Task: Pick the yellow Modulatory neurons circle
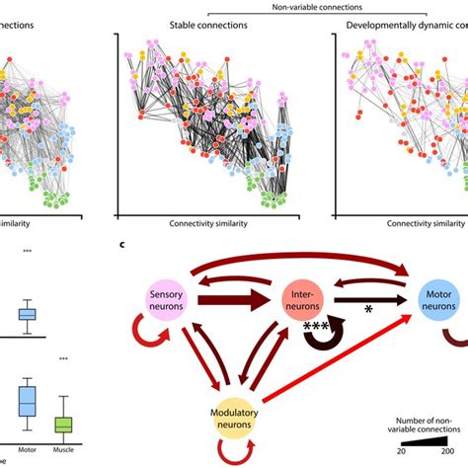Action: click(236, 409)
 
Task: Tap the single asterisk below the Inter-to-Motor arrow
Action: click(370, 311)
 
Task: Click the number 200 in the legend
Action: click(455, 448)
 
